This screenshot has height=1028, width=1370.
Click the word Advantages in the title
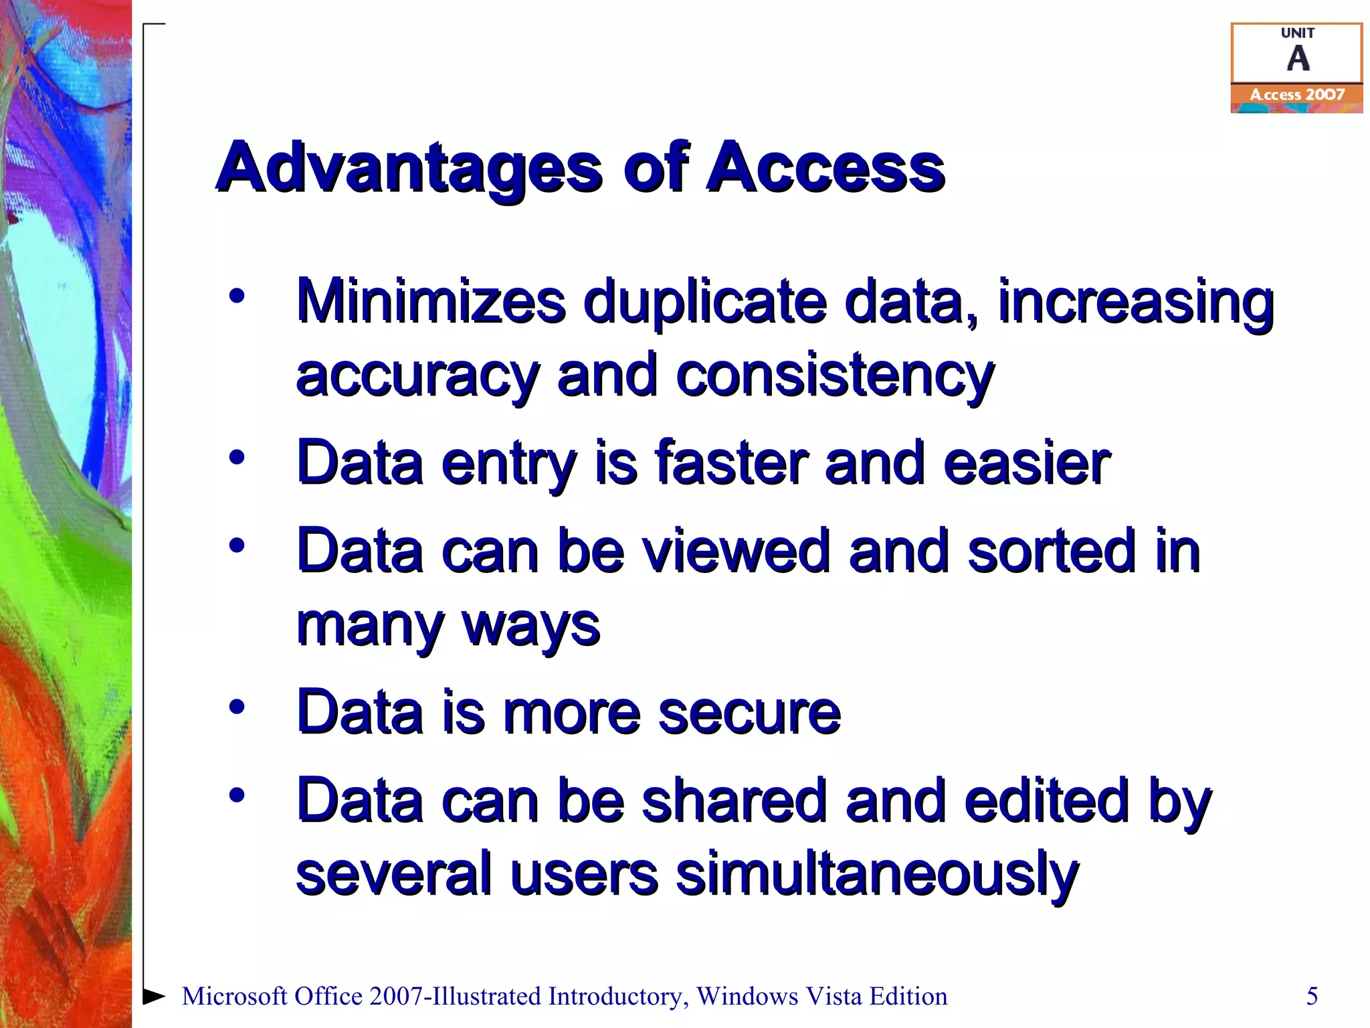pyautogui.click(x=409, y=169)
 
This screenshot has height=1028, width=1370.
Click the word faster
pyautogui.click(x=732, y=463)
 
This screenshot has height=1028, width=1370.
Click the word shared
pyautogui.click(x=734, y=800)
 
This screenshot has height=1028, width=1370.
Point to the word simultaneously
pyautogui.click(x=877, y=874)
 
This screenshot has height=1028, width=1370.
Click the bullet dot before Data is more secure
pyautogui.click(x=237, y=707)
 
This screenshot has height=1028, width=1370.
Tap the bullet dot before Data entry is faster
pyautogui.click(x=237, y=458)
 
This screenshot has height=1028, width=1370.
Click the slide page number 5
pyautogui.click(x=1312, y=996)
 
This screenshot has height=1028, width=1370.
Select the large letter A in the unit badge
pyautogui.click(x=1298, y=58)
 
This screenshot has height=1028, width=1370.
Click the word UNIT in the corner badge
pyautogui.click(x=1298, y=33)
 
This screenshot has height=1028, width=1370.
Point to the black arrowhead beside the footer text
pyautogui.click(x=154, y=996)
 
